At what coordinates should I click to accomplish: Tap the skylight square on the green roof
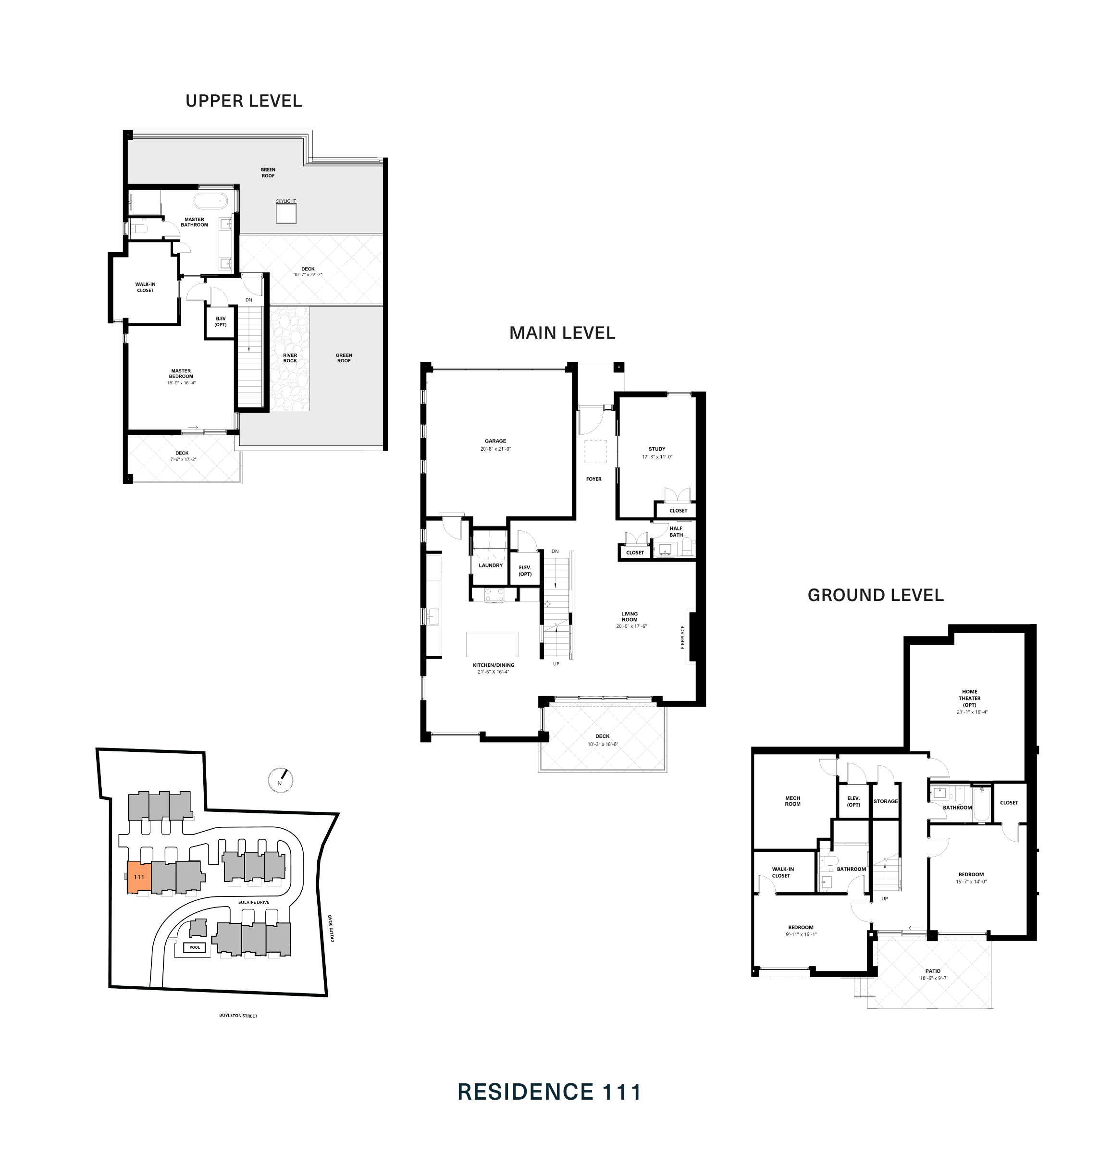(286, 213)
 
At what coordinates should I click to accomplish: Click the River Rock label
(290, 358)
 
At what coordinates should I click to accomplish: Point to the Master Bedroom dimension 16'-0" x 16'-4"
(181, 383)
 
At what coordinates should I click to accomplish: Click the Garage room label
(495, 441)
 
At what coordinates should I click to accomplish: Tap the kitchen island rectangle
(493, 644)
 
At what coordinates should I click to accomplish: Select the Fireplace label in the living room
(682, 637)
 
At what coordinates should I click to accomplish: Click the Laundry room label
(490, 565)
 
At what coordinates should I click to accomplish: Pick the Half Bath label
(676, 531)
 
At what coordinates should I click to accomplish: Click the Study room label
(657, 449)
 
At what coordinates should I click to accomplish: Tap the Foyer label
(593, 479)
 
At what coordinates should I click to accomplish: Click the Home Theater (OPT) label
(969, 698)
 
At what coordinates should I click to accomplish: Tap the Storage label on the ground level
(885, 801)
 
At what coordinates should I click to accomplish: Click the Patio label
(933, 971)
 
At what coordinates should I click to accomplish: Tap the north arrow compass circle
(280, 780)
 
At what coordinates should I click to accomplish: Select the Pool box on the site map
(195, 947)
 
